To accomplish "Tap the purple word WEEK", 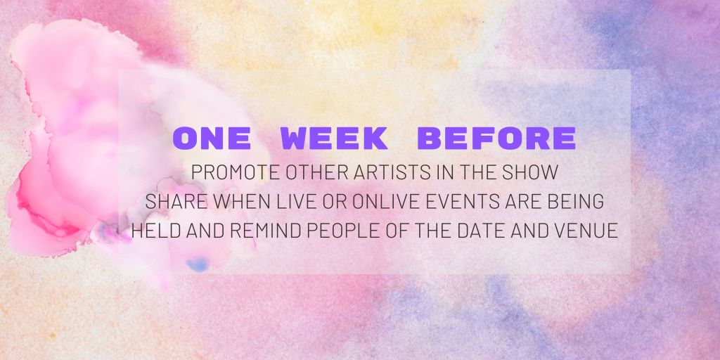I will coord(334,139).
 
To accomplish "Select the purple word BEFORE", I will coord(496,139).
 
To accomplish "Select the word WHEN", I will coord(240,201).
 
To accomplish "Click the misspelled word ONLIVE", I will coord(384,201).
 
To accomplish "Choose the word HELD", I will coord(154,231).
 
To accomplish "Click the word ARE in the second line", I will coord(526,201).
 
